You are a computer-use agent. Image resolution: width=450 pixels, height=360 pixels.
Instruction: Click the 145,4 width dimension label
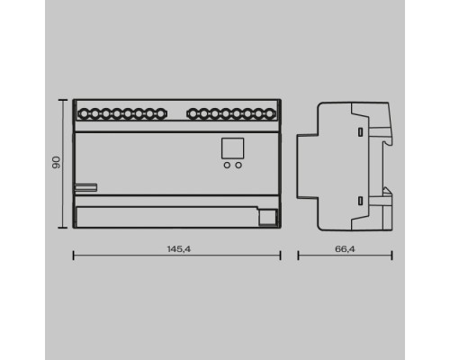pyautogui.click(x=179, y=249)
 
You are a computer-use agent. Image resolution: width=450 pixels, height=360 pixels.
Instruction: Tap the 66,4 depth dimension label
pyautogui.click(x=345, y=249)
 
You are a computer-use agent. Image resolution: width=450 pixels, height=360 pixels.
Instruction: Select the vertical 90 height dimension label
pyautogui.click(x=56, y=162)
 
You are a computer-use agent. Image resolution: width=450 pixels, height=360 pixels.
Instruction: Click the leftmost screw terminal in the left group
pyautogui.click(x=84, y=114)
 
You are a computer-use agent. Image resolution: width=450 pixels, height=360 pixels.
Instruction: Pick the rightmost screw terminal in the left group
pyautogui.click(x=161, y=114)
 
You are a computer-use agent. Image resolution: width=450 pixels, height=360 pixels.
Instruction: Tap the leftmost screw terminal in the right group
pyautogui.click(x=193, y=114)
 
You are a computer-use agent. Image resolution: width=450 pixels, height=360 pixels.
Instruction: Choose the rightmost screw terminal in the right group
pyautogui.click(x=270, y=114)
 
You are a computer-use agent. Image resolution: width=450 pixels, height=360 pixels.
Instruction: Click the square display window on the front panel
pyautogui.click(x=232, y=148)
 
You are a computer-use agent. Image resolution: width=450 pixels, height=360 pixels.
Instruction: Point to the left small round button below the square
pyautogui.click(x=227, y=165)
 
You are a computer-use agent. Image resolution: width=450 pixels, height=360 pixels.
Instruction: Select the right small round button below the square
pyautogui.click(x=238, y=165)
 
